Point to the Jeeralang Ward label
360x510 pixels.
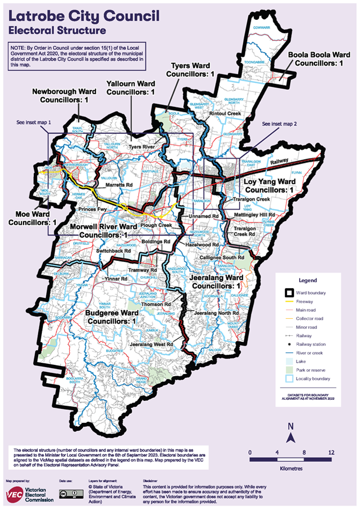217,282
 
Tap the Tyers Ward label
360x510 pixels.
192,69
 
